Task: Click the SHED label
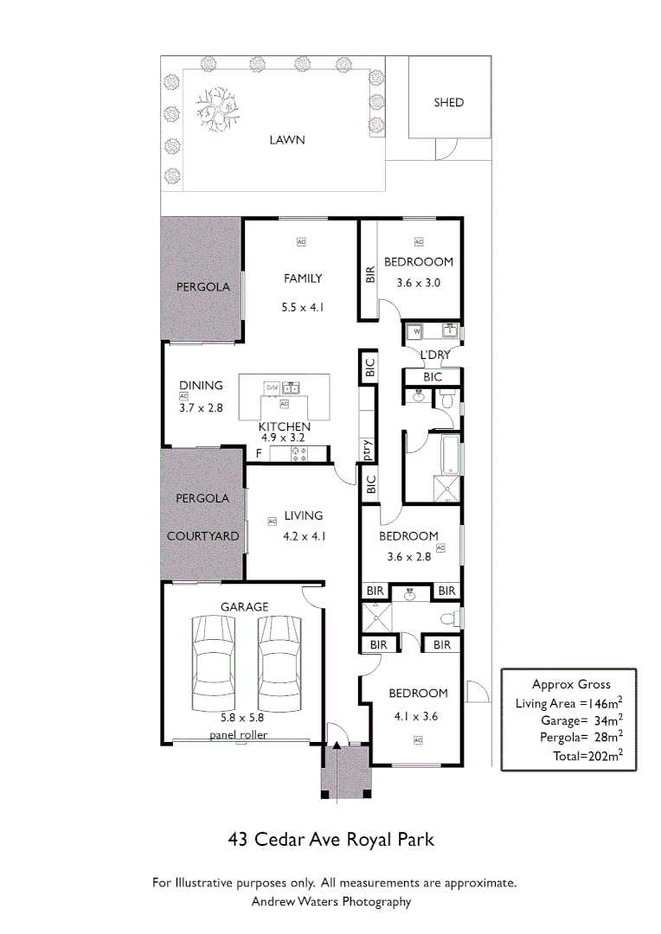448,102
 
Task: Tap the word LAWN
286,139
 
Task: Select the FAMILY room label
303,278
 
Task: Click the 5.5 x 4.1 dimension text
303,306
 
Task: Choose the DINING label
201,386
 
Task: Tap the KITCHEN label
284,426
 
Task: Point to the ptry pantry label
367,448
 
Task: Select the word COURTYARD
202,536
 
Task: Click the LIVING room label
304,516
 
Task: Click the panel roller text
238,735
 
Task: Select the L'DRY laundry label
434,355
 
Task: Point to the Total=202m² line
588,755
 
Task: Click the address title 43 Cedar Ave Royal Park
330,839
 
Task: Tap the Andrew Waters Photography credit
330,901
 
